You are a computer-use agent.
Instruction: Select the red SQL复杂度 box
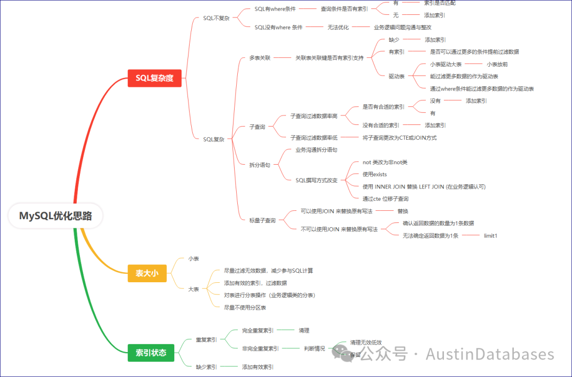(x=155, y=78)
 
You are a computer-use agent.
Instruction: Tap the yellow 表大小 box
(x=147, y=273)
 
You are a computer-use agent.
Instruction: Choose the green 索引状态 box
(x=151, y=353)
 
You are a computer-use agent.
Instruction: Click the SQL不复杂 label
(x=217, y=18)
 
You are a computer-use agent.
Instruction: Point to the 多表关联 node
(x=260, y=58)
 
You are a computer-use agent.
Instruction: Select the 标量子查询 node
(x=263, y=220)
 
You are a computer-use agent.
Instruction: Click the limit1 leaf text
(x=490, y=236)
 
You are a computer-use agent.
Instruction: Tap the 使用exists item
(x=375, y=174)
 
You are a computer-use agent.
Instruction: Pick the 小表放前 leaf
(x=497, y=64)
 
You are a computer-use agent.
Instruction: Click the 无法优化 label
(x=338, y=28)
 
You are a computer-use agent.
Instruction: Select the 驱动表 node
(x=397, y=76)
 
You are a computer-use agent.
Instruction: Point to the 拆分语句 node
(x=260, y=165)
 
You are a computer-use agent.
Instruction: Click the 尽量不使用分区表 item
(x=245, y=307)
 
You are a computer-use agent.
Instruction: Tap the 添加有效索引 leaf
(x=258, y=367)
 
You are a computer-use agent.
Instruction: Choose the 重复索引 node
(x=206, y=339)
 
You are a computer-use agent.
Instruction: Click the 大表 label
(x=194, y=289)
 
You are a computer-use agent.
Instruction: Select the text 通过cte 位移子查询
(x=386, y=199)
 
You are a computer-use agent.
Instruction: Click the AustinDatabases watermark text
(x=490, y=354)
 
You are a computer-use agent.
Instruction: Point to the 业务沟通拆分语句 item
(x=316, y=150)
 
